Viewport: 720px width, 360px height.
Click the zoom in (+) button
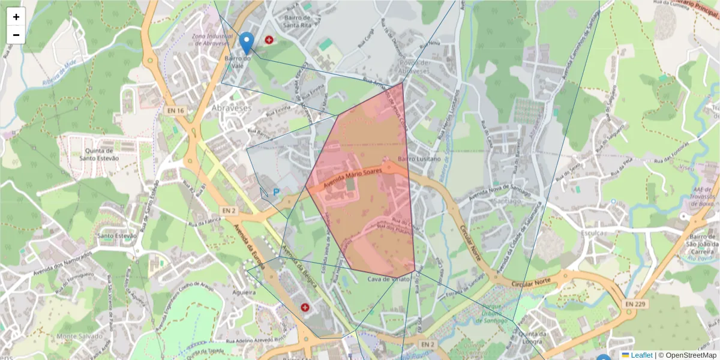click(16, 17)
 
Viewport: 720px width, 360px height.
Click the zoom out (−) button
click(16, 35)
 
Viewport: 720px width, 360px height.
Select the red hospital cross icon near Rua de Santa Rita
click(269, 40)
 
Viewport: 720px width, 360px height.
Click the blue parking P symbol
click(276, 193)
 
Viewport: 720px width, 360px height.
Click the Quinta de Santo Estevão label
click(100, 154)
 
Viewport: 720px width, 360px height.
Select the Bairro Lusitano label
click(419, 159)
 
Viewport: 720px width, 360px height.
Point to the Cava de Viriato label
click(389, 279)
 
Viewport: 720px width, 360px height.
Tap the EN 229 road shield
click(635, 304)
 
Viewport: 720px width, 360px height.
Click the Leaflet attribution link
click(641, 355)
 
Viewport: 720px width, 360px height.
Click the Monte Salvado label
click(79, 337)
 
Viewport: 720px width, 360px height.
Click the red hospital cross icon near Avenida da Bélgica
click(305, 308)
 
